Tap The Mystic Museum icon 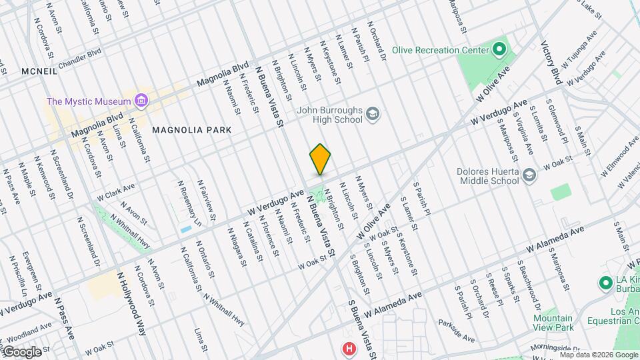pyautogui.click(x=141, y=101)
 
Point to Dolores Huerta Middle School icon pyautogui.click(x=529, y=175)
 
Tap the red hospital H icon pyautogui.click(x=348, y=348)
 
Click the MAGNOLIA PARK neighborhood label pyautogui.click(x=191, y=129)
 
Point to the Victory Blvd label pyautogui.click(x=551, y=63)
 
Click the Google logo pyautogui.click(x=22, y=351)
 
